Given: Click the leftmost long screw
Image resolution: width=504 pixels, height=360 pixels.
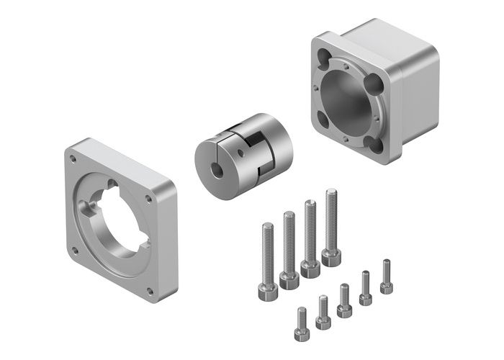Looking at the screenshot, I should (x=266, y=259).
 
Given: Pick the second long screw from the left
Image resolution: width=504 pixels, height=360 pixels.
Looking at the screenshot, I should (x=289, y=248).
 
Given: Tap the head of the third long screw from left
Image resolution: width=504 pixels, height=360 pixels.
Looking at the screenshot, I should (x=310, y=267).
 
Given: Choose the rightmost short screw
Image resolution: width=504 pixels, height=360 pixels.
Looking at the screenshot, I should (x=387, y=277).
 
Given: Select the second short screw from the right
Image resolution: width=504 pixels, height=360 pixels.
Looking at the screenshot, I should (x=366, y=288).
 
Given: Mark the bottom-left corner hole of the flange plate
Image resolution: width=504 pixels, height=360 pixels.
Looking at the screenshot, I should (x=74, y=251).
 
